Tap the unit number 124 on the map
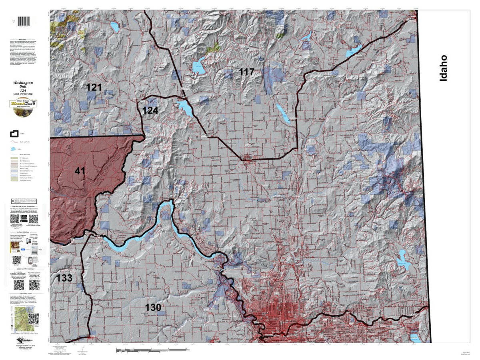pos(150,110)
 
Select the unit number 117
pos(246,72)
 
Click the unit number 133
pos(64,278)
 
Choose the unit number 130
pos(153,307)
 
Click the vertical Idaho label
pos(443,68)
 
